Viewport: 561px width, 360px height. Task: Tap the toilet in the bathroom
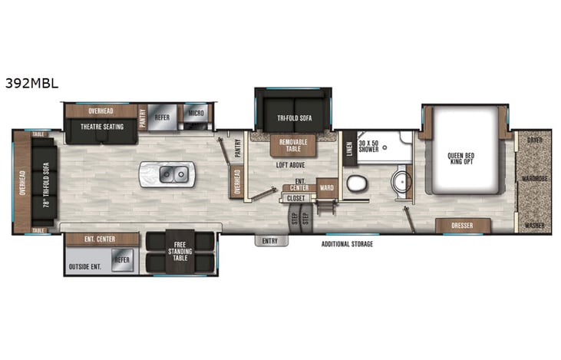pyautogui.click(x=355, y=183)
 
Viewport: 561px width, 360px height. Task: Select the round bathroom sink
pyautogui.click(x=399, y=182)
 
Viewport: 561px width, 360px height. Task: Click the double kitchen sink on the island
pyautogui.click(x=173, y=175)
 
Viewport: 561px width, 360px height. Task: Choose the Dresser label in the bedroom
pyautogui.click(x=463, y=226)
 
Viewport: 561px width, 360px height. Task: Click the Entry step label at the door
pyautogui.click(x=270, y=240)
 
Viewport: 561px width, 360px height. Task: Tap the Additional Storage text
pyautogui.click(x=348, y=244)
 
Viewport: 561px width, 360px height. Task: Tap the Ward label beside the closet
pyautogui.click(x=326, y=187)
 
